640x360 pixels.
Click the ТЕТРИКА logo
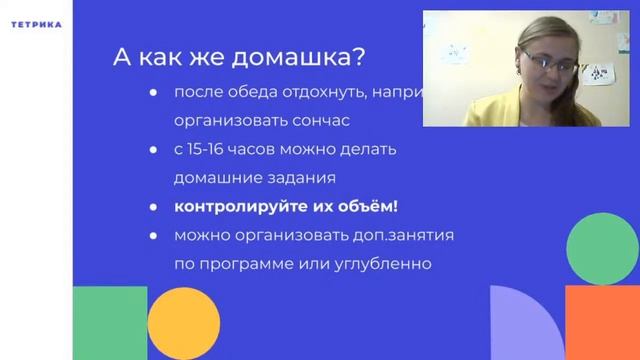pos(35,24)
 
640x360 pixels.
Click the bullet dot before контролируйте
pos(153,208)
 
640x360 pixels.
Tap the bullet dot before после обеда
pos(153,93)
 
